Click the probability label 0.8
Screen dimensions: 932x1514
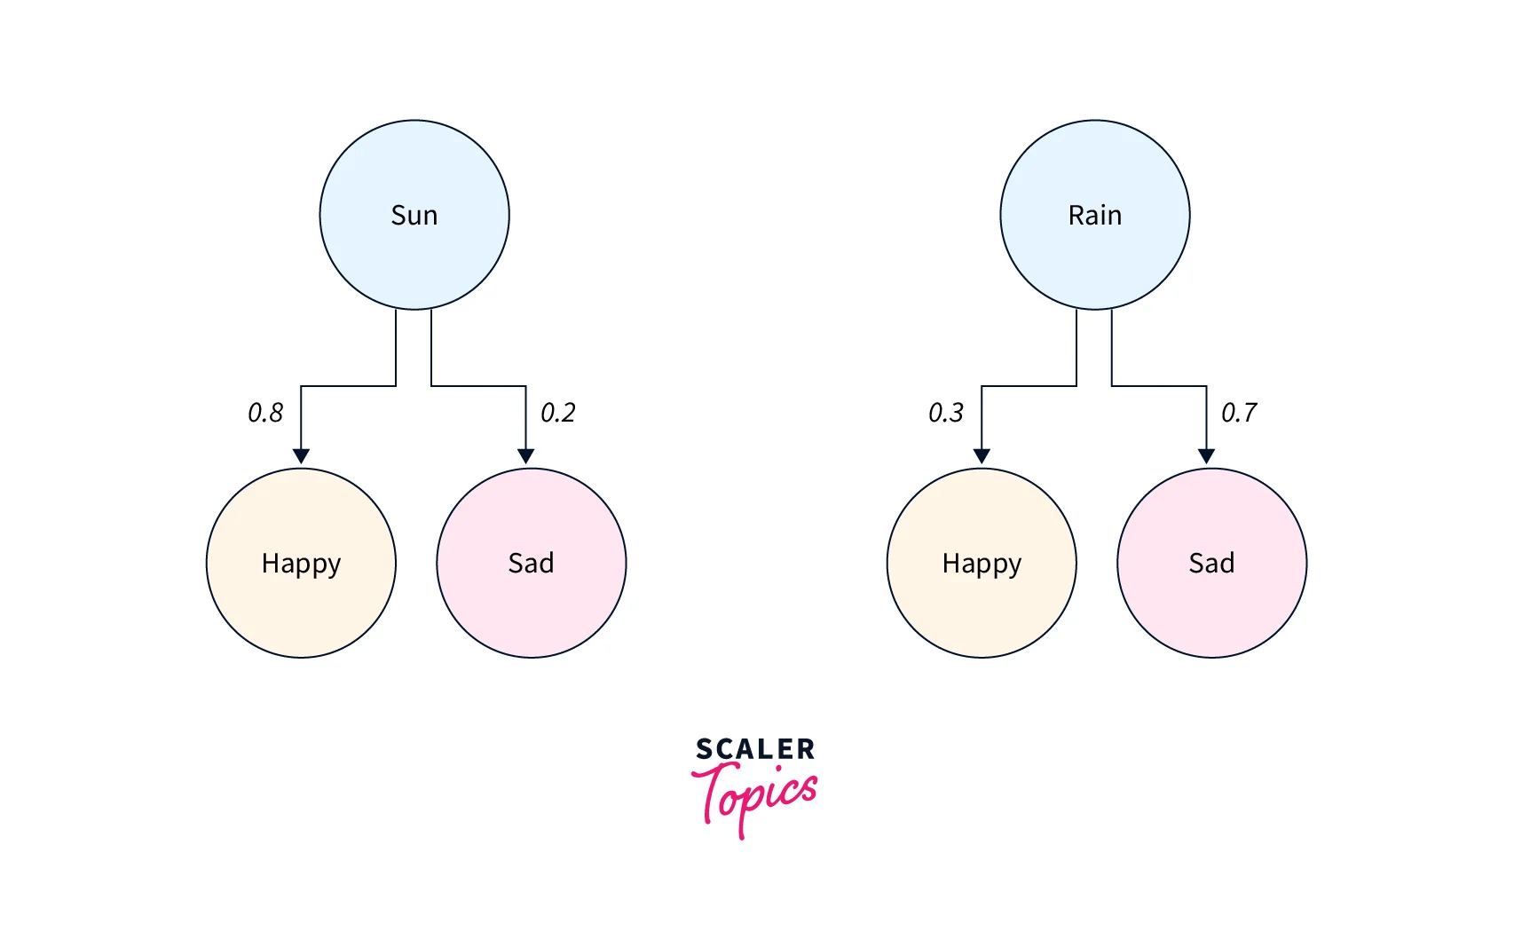(x=265, y=413)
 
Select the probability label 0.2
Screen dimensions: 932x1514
(x=558, y=413)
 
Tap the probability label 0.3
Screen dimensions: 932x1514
(x=946, y=413)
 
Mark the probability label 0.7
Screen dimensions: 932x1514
(x=1239, y=413)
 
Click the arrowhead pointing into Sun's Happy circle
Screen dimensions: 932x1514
(x=301, y=456)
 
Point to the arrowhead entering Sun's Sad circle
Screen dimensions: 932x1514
(x=526, y=456)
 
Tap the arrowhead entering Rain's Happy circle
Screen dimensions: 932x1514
(x=982, y=456)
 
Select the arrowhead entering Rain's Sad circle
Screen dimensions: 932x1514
(x=1206, y=456)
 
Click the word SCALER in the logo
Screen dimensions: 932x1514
(x=755, y=749)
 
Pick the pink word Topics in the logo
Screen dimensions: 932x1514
(x=755, y=795)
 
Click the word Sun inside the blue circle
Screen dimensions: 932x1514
(x=414, y=216)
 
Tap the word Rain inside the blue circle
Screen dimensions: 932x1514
(x=1095, y=216)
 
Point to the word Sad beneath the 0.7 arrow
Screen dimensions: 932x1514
(x=1211, y=564)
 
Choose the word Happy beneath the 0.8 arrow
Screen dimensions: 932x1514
(x=301, y=565)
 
